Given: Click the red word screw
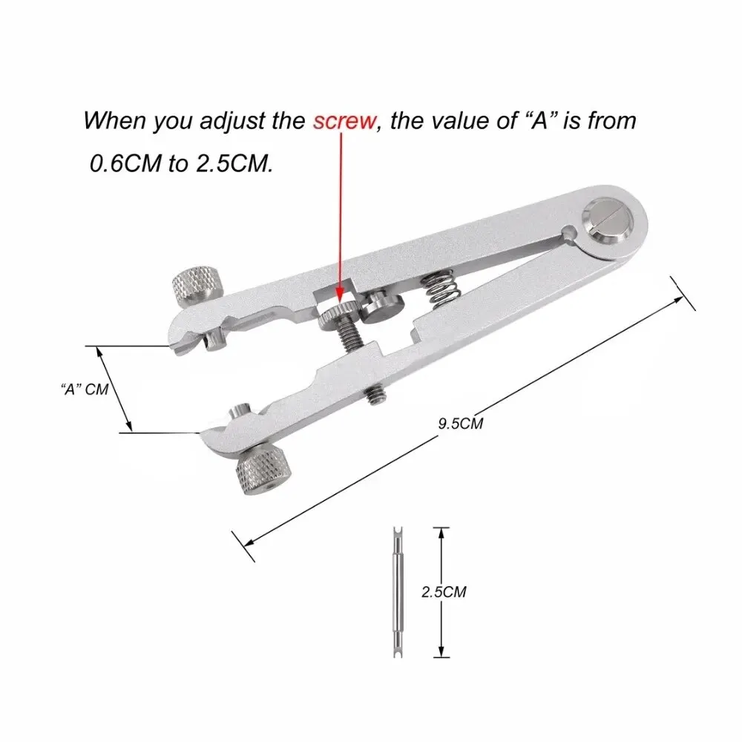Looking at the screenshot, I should [x=344, y=121].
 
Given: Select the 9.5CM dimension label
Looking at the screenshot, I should [x=461, y=424].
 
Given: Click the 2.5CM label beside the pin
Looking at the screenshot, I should [x=443, y=592].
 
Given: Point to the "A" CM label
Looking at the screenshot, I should [x=84, y=389].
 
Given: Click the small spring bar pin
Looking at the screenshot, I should [x=394, y=591].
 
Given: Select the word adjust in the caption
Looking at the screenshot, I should [x=229, y=121].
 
